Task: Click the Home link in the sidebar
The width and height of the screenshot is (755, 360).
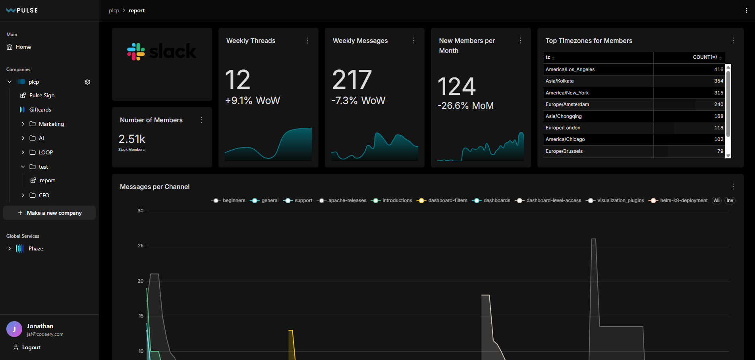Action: tap(23, 47)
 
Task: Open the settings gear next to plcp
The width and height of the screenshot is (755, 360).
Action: tap(87, 82)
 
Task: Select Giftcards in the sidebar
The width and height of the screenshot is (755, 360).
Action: tap(40, 110)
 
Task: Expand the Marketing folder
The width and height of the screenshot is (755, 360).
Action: tap(23, 124)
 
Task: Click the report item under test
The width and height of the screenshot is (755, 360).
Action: tap(47, 180)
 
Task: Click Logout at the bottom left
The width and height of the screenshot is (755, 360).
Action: tap(31, 347)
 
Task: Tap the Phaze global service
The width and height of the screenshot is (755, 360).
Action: tap(36, 248)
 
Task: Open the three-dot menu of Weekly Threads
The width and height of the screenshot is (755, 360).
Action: tap(308, 40)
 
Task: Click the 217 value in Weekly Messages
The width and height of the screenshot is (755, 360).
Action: tap(352, 80)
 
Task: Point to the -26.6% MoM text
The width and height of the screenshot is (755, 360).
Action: tap(465, 106)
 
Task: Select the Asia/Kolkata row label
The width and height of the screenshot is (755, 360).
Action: tap(560, 81)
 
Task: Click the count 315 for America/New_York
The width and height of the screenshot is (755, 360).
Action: tap(718, 93)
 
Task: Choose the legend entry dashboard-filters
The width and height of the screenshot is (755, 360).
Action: tap(448, 200)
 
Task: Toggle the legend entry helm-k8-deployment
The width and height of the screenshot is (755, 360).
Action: tap(684, 200)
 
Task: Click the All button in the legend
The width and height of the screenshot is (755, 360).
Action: tap(716, 200)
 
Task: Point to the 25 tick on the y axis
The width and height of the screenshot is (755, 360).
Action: tap(141, 246)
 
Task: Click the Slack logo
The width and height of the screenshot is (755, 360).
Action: tap(162, 52)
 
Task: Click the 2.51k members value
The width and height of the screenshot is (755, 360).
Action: tap(132, 139)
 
